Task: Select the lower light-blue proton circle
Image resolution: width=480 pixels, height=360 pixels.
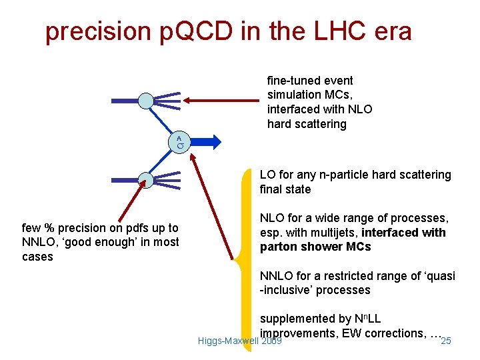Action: coord(146,179)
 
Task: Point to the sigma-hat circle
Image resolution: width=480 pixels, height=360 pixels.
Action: coord(180,141)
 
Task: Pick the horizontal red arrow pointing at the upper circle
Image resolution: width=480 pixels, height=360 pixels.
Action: coord(223,101)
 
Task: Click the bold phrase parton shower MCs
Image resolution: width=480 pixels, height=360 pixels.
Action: coord(315,247)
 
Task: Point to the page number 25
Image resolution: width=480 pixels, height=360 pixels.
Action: coord(446,341)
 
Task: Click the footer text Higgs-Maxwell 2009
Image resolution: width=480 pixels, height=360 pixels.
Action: coord(240,341)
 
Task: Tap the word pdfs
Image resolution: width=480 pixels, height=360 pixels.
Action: coord(133,228)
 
